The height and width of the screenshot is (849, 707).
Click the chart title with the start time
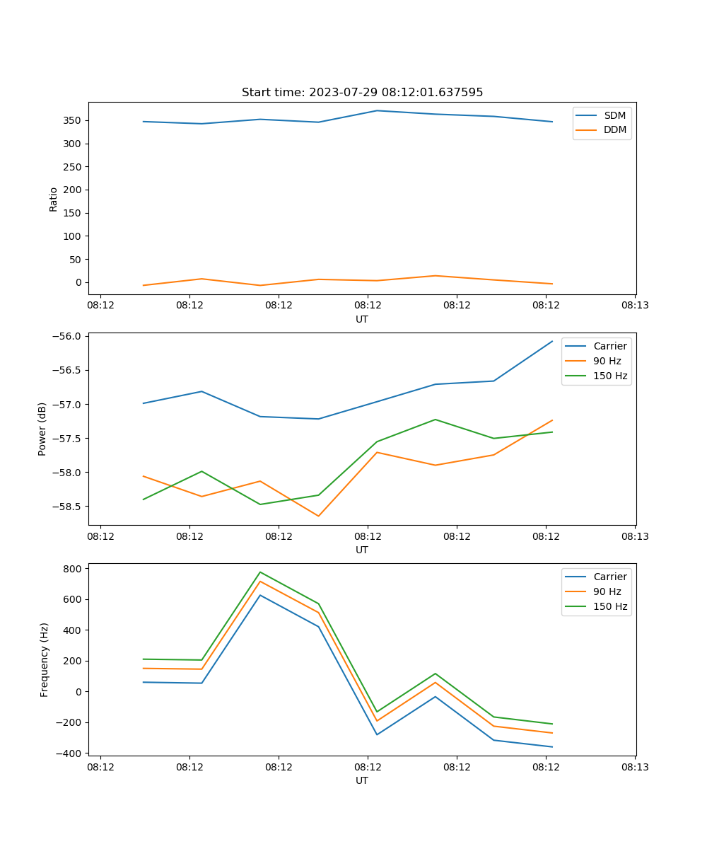[362, 93]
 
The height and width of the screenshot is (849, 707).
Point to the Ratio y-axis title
[54, 199]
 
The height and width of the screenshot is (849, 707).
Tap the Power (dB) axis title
[42, 429]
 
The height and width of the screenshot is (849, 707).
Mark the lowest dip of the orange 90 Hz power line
[318, 516]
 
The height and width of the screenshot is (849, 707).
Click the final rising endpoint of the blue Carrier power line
[552, 341]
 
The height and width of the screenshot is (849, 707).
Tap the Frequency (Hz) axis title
[44, 659]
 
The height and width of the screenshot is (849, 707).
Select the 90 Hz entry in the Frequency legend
[607, 591]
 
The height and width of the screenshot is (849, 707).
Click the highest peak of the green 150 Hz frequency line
[260, 572]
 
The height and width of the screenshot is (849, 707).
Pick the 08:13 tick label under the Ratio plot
[635, 306]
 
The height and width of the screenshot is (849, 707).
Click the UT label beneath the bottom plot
[362, 780]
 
